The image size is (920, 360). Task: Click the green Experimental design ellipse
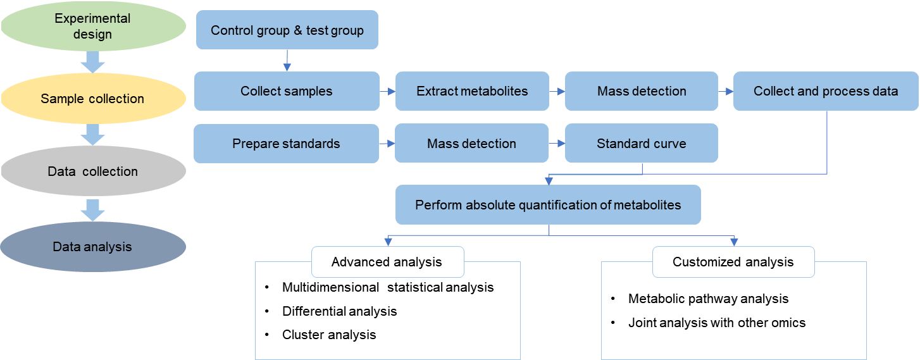(x=92, y=27)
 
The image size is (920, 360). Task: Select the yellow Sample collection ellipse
(x=92, y=99)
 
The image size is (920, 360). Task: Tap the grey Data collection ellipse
(x=92, y=171)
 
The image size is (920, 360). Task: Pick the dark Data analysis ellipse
(x=92, y=247)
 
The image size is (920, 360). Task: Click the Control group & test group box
(x=287, y=30)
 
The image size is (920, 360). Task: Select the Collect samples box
(x=287, y=91)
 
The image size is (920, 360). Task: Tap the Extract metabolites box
(x=472, y=91)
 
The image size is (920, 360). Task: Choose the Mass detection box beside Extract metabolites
(x=642, y=91)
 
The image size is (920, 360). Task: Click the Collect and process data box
(x=826, y=91)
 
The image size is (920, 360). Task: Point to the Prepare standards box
(x=286, y=144)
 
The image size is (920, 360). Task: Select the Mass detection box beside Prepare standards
(x=471, y=144)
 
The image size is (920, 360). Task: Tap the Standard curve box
(x=642, y=144)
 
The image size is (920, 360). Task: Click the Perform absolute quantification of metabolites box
(x=548, y=205)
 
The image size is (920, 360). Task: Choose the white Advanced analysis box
(x=387, y=262)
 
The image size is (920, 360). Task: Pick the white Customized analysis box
(x=733, y=262)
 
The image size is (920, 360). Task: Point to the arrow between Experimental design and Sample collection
(x=92, y=63)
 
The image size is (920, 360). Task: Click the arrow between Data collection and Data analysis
(x=92, y=209)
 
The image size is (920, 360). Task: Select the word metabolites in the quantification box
(x=649, y=205)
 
